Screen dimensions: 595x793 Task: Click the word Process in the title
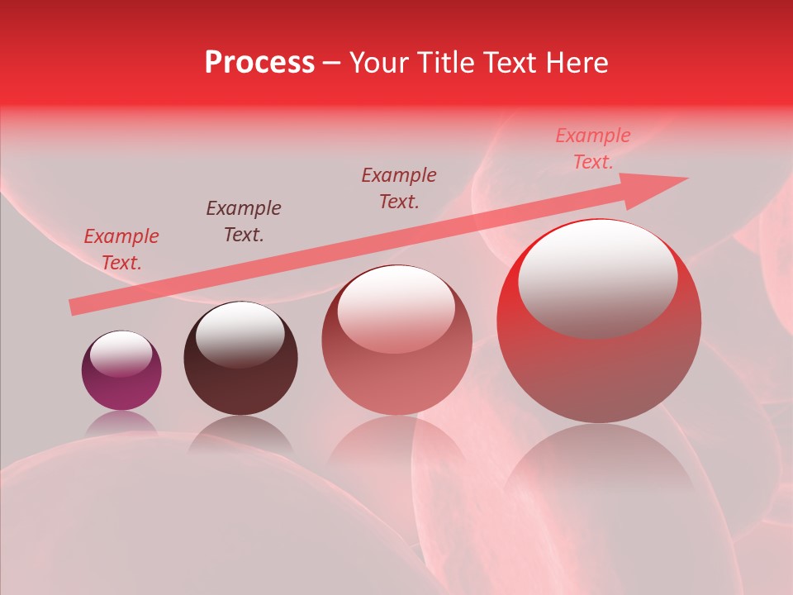pos(259,63)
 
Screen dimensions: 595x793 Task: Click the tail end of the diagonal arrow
pos(76,307)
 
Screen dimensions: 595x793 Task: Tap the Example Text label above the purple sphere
pos(121,250)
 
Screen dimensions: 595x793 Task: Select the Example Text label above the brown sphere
pos(244,221)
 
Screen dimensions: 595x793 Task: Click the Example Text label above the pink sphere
pos(399,188)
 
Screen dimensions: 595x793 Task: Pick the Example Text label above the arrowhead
pos(593,149)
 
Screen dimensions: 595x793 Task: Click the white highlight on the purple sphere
pos(121,354)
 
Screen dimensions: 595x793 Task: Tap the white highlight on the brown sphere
pos(240,333)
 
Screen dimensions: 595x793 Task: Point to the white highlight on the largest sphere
pos(598,277)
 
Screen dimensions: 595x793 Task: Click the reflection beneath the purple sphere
pos(121,423)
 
